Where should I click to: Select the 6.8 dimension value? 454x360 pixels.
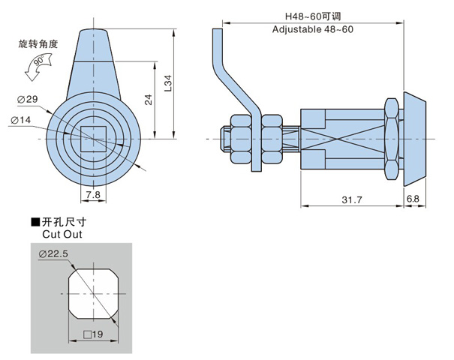[x=413, y=199]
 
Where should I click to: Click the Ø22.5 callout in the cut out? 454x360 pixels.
[x=53, y=254]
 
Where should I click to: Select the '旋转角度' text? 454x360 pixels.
[x=37, y=44]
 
